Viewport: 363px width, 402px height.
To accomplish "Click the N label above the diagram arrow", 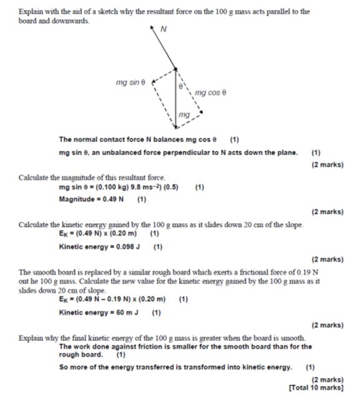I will [x=163, y=29].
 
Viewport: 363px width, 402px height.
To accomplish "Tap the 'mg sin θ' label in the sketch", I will [x=130, y=82].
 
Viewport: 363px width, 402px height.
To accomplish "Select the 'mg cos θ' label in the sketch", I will [x=210, y=93].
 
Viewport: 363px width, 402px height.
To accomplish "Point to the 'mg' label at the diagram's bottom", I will [x=183, y=115].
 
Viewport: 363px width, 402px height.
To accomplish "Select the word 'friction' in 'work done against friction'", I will [x=158, y=347].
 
